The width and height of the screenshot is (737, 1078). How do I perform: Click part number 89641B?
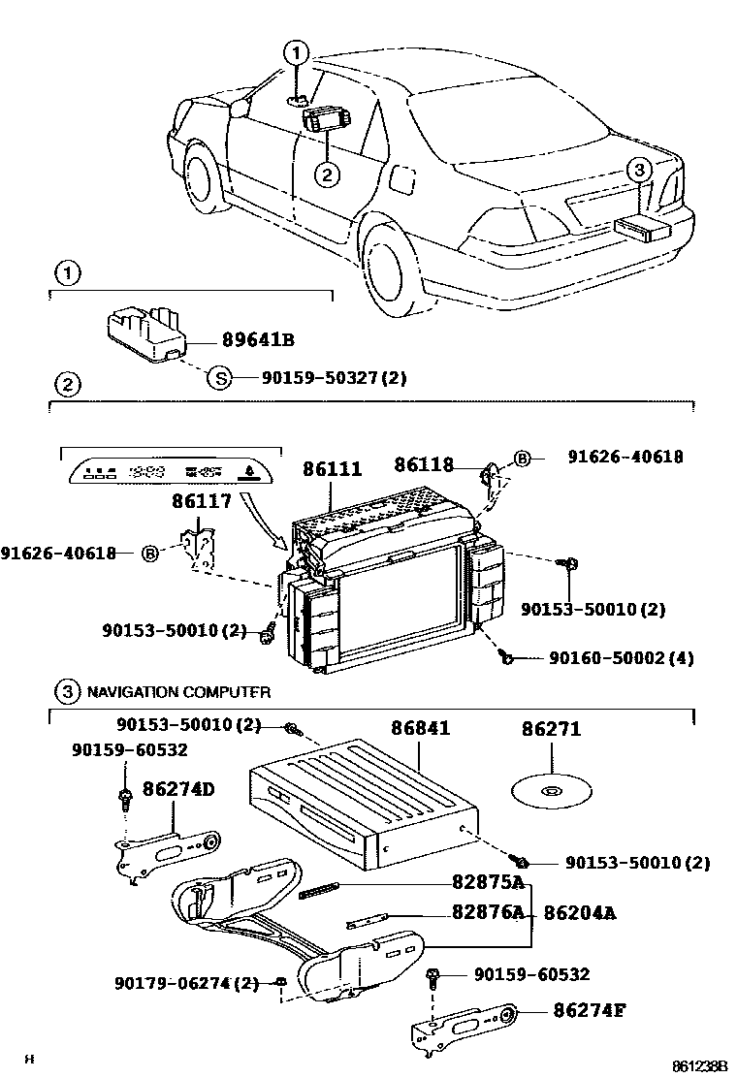click(257, 340)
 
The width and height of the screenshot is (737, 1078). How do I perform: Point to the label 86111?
click(333, 470)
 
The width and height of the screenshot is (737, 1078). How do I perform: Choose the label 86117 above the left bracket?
click(202, 501)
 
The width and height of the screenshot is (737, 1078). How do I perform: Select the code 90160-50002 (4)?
click(621, 658)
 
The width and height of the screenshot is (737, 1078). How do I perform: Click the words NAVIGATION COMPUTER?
click(178, 692)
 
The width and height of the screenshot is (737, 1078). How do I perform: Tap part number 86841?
click(420, 727)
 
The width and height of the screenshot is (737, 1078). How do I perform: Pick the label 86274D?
click(178, 789)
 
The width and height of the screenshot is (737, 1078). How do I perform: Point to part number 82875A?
click(488, 882)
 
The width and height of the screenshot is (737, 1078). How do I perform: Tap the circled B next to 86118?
click(522, 458)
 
